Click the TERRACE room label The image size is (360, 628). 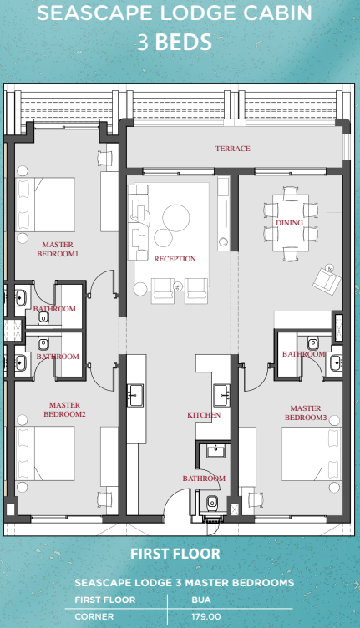click(232, 149)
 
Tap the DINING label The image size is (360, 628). click(289, 224)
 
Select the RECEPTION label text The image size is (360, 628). click(175, 259)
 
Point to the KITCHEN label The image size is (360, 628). click(204, 415)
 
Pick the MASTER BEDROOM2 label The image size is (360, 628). click(64, 409)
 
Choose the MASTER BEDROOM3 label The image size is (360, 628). click(305, 413)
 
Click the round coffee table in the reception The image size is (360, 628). click(176, 218)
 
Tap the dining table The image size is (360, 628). click(289, 224)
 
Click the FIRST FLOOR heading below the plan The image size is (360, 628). click(175, 554)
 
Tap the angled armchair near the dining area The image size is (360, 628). click(325, 278)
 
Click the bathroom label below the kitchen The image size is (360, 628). click(204, 479)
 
